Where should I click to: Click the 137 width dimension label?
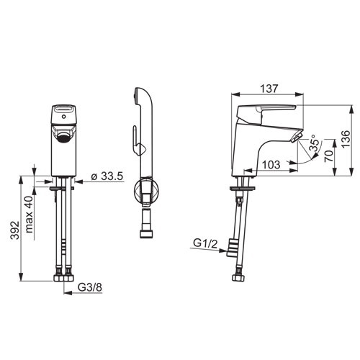point(269,89)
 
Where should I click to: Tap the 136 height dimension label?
point(346,139)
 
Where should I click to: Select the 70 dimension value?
point(329,156)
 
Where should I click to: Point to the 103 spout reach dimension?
point(271,165)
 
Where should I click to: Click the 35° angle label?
point(315,143)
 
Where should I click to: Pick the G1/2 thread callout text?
point(205,243)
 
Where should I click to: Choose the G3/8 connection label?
point(90,287)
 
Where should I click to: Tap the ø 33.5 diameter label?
point(107,176)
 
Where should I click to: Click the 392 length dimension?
point(15,230)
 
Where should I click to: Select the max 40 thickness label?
point(29,215)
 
